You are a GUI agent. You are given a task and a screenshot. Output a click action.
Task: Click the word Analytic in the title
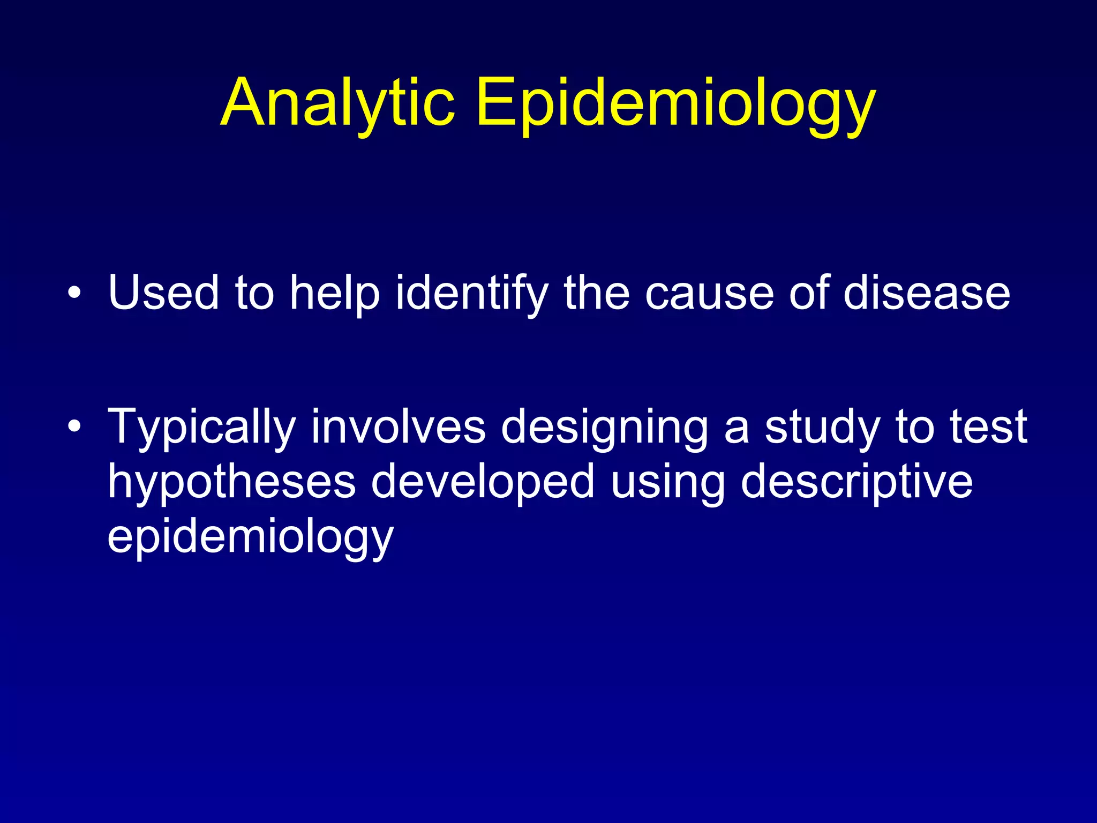(x=337, y=103)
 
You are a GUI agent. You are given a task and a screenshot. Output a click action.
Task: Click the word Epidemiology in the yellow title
(x=675, y=103)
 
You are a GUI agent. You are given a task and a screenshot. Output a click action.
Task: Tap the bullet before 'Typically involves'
(x=74, y=427)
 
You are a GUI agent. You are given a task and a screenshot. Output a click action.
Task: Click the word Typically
(x=201, y=427)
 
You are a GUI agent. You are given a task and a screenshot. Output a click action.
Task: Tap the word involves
(x=398, y=427)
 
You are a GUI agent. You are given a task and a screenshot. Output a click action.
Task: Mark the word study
(x=822, y=427)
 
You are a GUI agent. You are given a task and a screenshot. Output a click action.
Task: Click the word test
(x=988, y=427)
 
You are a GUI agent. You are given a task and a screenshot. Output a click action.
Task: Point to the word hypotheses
(x=231, y=482)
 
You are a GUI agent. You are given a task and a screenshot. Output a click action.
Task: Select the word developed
(x=483, y=482)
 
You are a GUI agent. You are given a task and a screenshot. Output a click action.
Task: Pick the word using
(x=667, y=482)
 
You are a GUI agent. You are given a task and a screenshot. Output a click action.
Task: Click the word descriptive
(x=856, y=482)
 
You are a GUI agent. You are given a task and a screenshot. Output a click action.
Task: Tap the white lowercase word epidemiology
(x=251, y=536)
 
